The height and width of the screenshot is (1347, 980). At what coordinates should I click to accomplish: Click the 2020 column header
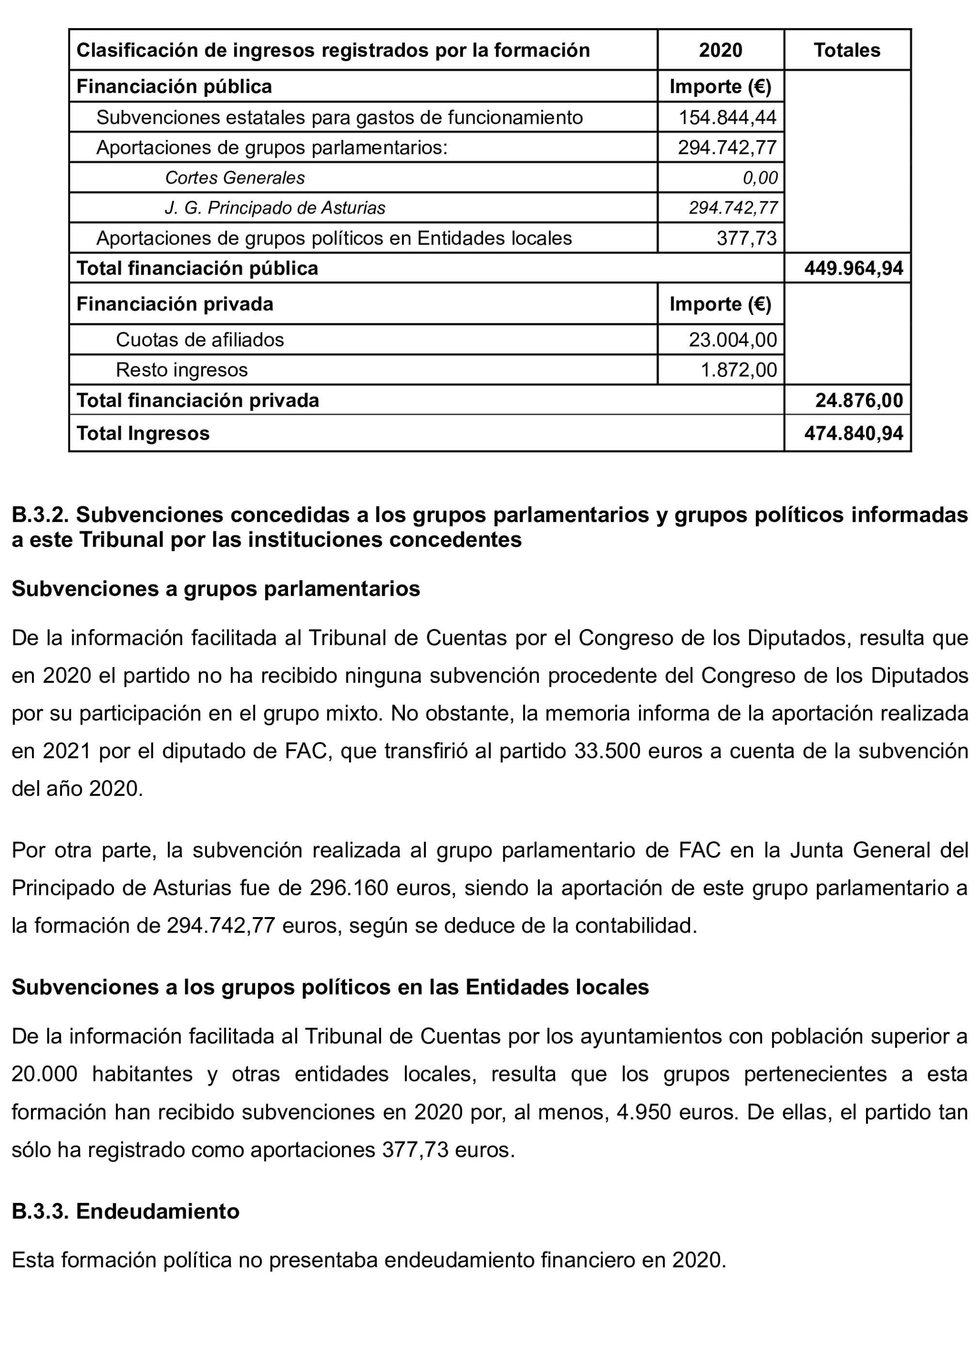tap(720, 50)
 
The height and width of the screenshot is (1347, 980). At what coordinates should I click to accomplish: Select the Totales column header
tap(847, 50)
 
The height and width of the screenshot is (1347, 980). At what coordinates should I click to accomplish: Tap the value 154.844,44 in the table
tap(727, 117)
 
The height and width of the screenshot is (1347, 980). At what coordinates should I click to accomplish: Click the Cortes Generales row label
tap(235, 178)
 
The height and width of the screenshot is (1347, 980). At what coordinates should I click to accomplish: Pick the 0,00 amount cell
tap(760, 178)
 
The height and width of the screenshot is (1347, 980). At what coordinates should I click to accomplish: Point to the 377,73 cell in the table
tap(746, 238)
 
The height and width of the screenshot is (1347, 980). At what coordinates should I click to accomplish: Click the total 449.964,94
tap(853, 268)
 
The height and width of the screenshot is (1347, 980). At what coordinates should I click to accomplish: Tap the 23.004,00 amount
tap(733, 340)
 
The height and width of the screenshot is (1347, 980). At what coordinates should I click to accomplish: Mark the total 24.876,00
tap(859, 400)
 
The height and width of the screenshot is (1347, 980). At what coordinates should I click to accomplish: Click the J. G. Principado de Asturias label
tap(275, 208)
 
